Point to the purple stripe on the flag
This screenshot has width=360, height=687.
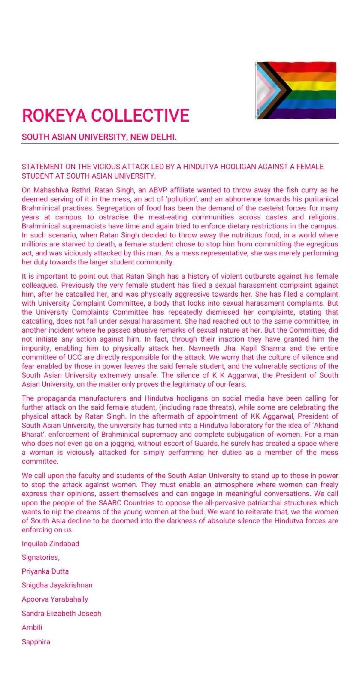313,113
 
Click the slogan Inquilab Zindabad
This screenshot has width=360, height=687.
50,544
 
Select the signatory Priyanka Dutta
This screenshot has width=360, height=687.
45,571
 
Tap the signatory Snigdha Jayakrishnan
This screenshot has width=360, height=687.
57,585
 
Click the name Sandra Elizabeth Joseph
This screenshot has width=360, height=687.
61,614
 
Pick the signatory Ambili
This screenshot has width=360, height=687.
32,627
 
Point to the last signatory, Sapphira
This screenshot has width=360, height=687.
36,642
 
